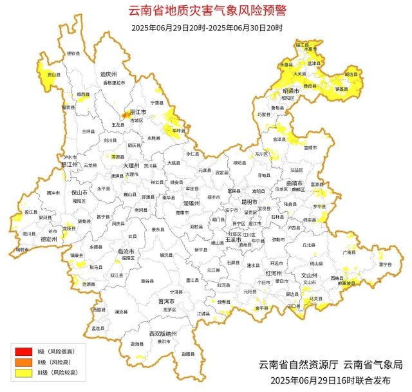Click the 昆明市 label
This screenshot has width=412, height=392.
(249, 201)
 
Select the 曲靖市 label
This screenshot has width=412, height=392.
(297, 183)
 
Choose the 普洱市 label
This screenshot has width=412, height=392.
(166, 301)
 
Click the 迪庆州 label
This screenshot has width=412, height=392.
(107, 74)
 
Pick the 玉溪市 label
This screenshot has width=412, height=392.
(232, 239)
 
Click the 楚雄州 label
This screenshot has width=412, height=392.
(192, 203)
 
